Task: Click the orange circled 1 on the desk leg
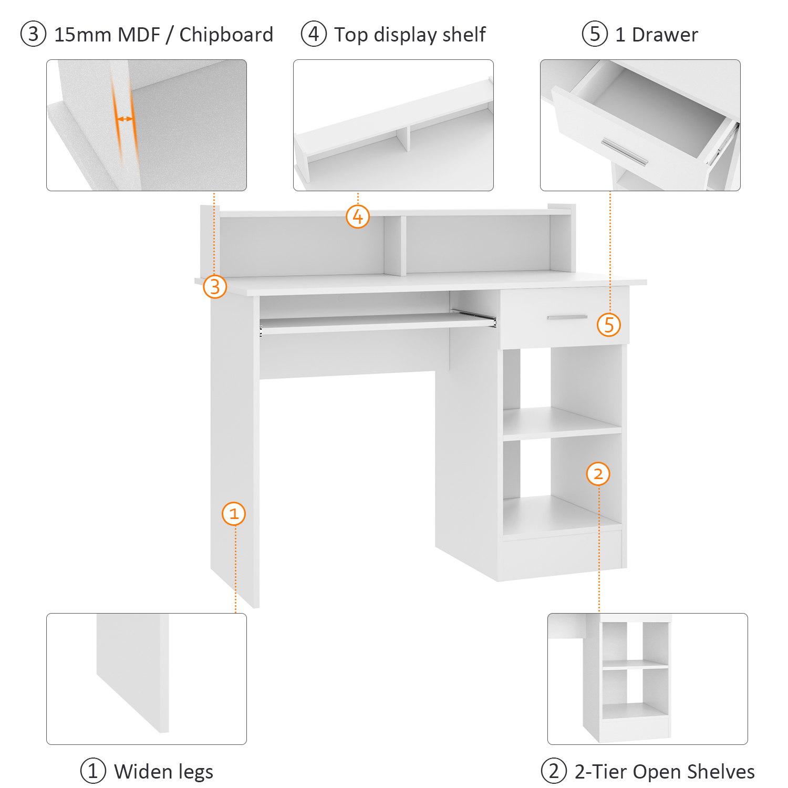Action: (234, 514)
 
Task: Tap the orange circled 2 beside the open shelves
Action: (598, 474)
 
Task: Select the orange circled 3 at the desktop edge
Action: (215, 287)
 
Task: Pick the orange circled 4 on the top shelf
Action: (358, 216)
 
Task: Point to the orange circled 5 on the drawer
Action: (609, 325)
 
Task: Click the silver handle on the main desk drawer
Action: (567, 317)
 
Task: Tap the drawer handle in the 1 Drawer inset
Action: (625, 151)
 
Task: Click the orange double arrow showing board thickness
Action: (125, 119)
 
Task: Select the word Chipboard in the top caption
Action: (226, 35)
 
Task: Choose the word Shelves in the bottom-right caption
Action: (721, 772)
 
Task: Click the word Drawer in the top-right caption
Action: (665, 35)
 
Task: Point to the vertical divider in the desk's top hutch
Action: (395, 245)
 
